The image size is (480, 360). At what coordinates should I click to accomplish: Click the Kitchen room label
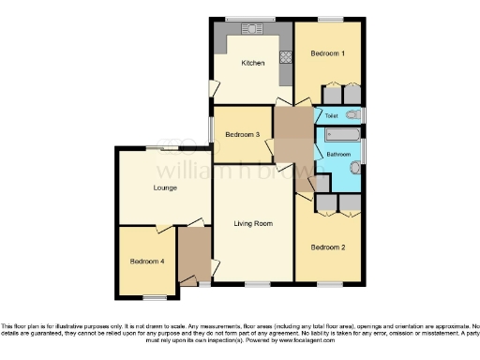coord(253,63)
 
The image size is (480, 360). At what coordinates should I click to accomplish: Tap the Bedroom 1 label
coord(328,53)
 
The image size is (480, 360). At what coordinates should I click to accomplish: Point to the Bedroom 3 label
coord(242,135)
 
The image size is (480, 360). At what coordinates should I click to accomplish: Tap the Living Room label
coord(253,223)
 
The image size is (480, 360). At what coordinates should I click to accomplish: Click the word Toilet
coord(331,115)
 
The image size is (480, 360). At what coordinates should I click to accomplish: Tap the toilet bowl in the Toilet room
coord(352,114)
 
